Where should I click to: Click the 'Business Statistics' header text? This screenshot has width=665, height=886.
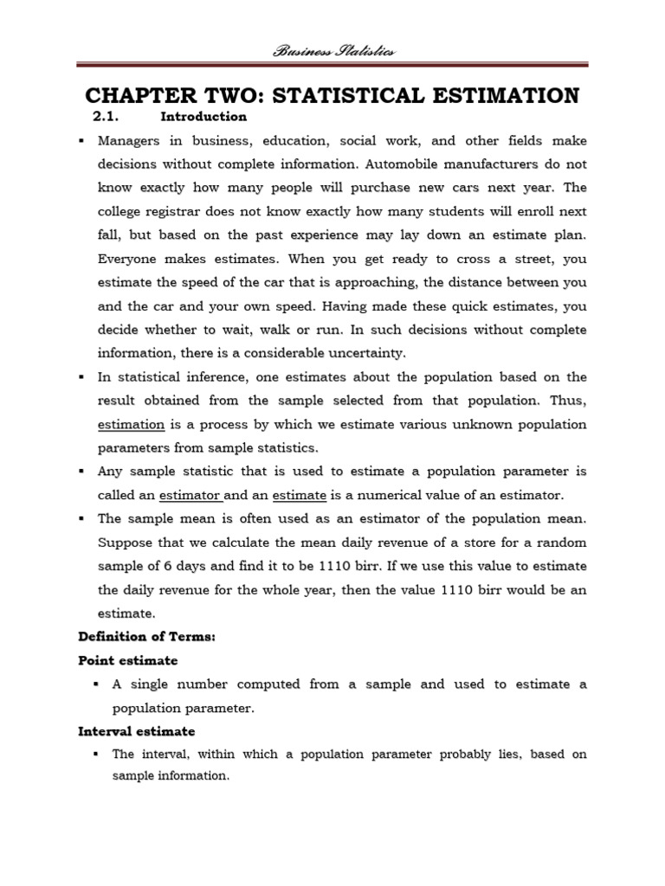332,51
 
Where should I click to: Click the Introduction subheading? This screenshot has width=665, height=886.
203,117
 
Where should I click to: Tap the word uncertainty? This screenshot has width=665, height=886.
351,353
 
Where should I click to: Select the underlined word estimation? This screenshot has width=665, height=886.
131,425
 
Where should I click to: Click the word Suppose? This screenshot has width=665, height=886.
124,543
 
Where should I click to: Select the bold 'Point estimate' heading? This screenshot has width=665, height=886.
127,660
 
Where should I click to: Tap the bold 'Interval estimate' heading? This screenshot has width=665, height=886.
136,731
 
